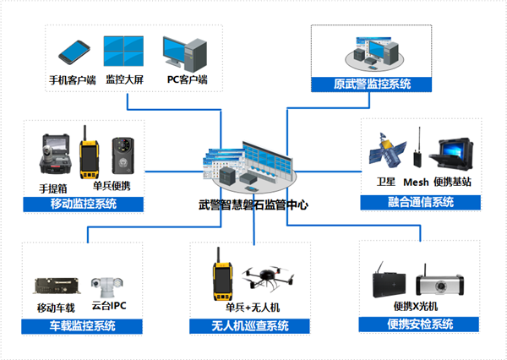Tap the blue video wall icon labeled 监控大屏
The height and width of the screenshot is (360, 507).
(123, 52)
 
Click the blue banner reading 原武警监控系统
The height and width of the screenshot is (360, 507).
(372, 84)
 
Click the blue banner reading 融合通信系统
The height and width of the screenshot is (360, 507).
(420, 202)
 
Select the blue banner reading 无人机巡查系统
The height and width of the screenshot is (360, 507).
(250, 325)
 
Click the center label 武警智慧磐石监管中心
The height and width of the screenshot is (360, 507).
(251, 205)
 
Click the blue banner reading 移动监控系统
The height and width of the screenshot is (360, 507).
(83, 204)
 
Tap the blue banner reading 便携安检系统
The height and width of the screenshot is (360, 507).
(419, 325)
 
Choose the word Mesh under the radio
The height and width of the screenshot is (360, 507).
(416, 182)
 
